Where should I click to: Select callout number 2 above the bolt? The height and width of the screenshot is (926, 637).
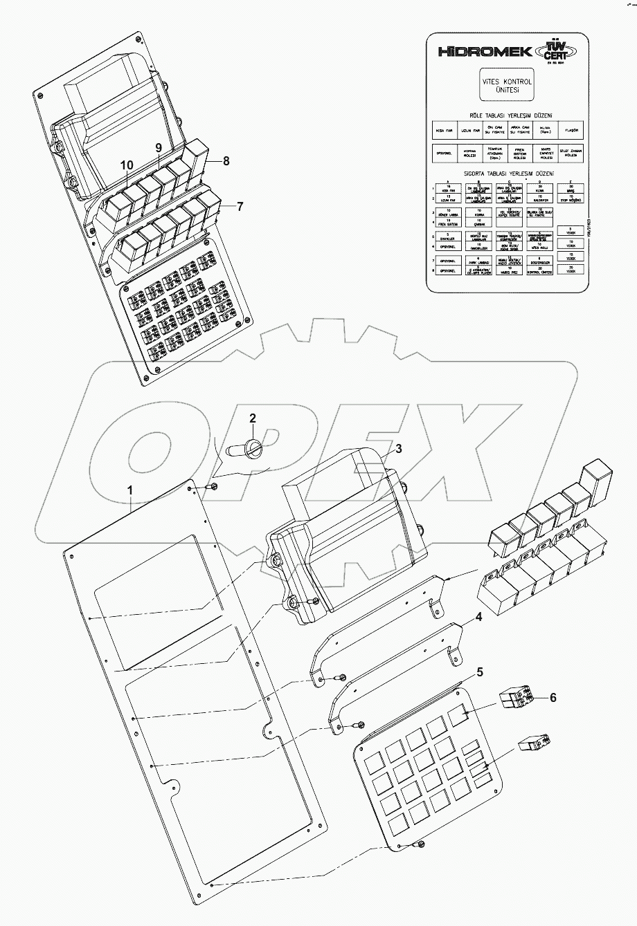click(253, 418)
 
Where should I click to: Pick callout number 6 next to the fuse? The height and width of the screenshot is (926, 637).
click(553, 698)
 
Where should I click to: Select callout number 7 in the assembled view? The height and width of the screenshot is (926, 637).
click(240, 206)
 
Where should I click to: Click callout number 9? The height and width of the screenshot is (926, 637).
click(158, 147)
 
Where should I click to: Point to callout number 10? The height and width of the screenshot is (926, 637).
click(126, 165)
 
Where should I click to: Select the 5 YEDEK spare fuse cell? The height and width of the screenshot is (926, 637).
click(570, 232)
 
